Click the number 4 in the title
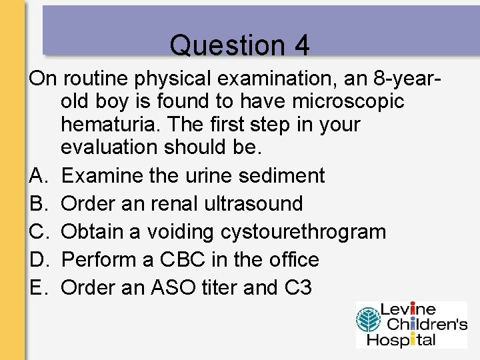click(x=301, y=45)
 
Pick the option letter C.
click(x=37, y=231)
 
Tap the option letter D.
click(x=37, y=259)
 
